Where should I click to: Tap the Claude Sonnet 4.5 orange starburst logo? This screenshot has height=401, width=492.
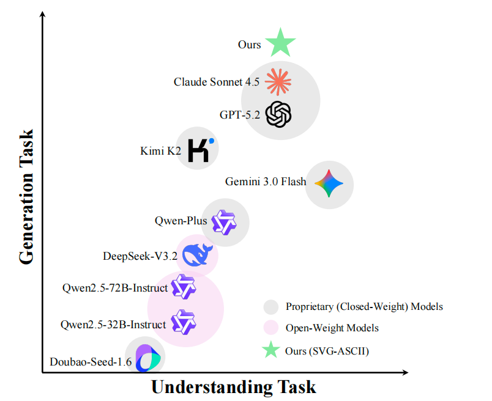(279, 81)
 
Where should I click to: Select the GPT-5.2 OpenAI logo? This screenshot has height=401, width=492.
(279, 114)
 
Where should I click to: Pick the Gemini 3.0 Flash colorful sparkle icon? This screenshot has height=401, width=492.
(329, 183)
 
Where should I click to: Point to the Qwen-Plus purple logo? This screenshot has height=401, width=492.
(223, 222)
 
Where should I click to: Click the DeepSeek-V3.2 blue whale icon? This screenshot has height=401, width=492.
(196, 255)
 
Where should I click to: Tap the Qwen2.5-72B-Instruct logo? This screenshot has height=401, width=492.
(183, 287)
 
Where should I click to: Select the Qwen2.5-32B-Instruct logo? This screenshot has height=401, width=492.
(183, 322)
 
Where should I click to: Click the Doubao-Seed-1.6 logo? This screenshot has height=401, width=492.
(147, 359)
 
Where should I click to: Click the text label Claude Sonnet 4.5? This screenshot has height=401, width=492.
(217, 82)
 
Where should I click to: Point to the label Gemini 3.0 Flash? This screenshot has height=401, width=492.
(266, 182)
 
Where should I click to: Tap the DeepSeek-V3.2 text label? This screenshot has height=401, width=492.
(140, 256)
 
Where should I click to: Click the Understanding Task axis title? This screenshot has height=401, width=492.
(233, 387)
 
